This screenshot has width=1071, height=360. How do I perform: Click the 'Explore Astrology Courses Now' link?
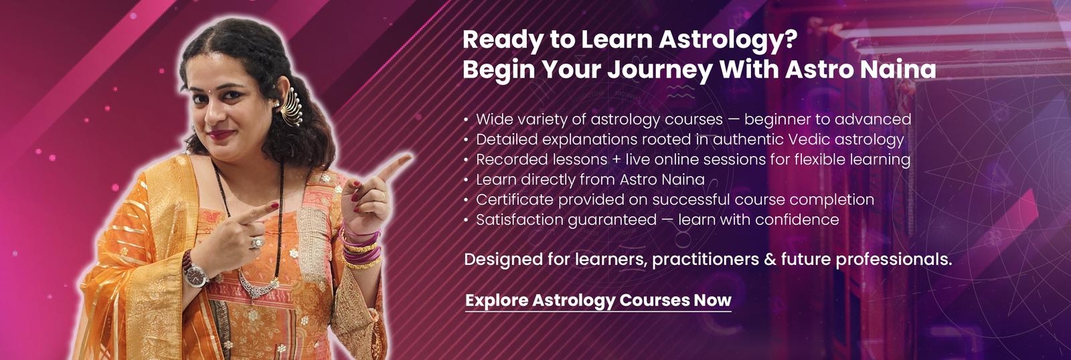tap(598, 300)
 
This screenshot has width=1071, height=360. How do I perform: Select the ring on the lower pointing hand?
tap(257, 242)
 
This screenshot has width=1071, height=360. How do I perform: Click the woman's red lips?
tap(222, 134)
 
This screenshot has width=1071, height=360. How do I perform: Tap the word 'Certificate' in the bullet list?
tap(513, 199)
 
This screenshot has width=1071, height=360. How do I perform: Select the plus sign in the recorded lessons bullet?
tap(616, 160)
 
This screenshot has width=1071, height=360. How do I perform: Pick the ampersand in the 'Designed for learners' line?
tap(770, 260)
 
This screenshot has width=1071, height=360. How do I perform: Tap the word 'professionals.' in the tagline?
tap(867, 260)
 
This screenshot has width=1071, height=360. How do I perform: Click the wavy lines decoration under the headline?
tap(681, 92)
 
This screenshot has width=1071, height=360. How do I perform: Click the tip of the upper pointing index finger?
tap(410, 155)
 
